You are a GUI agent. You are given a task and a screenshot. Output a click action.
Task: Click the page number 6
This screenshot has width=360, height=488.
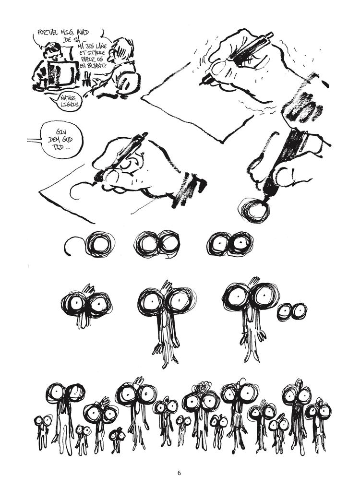[179, 472]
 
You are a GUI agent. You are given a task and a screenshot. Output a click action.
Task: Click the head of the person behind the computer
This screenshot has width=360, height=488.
[51, 51]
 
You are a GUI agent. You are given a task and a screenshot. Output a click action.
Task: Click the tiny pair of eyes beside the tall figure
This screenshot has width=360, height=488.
[291, 311]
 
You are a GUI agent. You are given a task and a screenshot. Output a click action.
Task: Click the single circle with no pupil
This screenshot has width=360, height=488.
[99, 244]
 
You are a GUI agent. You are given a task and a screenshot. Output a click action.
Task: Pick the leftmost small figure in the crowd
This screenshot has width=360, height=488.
[42, 427]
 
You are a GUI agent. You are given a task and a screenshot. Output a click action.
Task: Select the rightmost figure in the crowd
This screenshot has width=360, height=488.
[319, 417]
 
